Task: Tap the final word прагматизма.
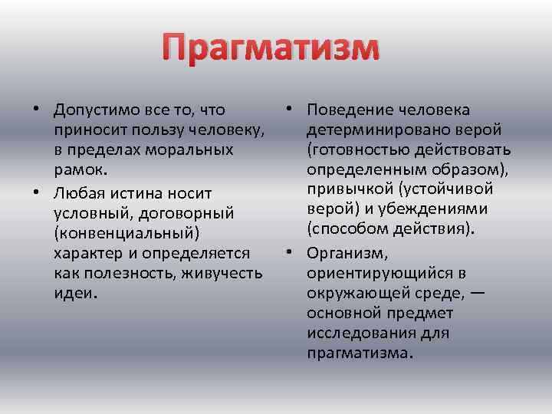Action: pos(357,353)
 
